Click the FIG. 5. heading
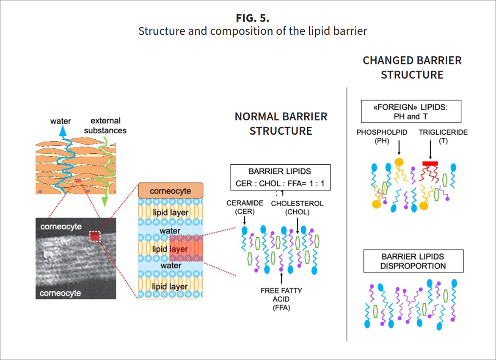click(x=253, y=19)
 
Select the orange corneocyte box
click(x=171, y=191)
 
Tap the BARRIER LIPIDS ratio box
click(x=280, y=177)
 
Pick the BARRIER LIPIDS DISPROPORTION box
click(x=413, y=261)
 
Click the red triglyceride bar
click(x=430, y=163)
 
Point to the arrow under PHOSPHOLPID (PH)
click(x=399, y=150)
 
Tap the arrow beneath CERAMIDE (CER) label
click(x=245, y=221)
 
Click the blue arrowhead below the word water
click(x=63, y=131)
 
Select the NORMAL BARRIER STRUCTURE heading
click(x=281, y=124)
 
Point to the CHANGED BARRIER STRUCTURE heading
click(x=412, y=68)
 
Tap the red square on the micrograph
click(x=95, y=236)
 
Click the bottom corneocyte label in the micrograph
click(x=61, y=293)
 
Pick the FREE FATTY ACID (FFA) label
click(x=281, y=299)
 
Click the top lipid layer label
click(x=171, y=212)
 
